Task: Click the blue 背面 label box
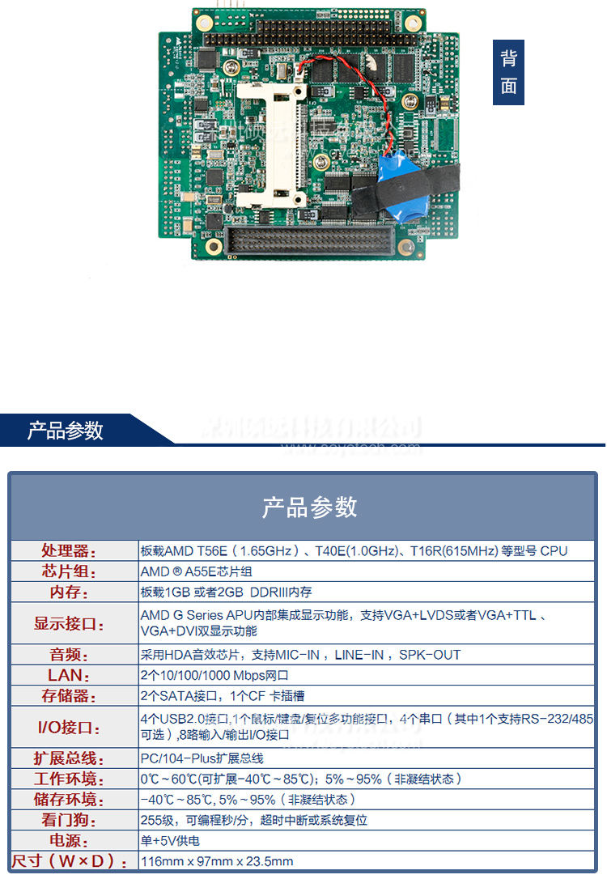(x=508, y=72)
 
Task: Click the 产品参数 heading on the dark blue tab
(x=66, y=430)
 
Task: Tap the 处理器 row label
(x=69, y=551)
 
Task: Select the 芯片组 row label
(x=69, y=571)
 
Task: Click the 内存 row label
(x=69, y=592)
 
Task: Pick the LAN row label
(x=69, y=675)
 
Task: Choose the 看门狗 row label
(x=69, y=820)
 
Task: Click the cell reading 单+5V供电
(x=170, y=840)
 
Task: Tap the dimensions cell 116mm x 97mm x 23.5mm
(x=217, y=861)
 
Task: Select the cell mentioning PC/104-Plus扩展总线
(x=202, y=758)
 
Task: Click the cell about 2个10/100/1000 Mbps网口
(x=214, y=675)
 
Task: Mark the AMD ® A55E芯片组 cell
(x=197, y=571)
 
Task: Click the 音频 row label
(x=69, y=654)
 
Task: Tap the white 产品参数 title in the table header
(x=309, y=507)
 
